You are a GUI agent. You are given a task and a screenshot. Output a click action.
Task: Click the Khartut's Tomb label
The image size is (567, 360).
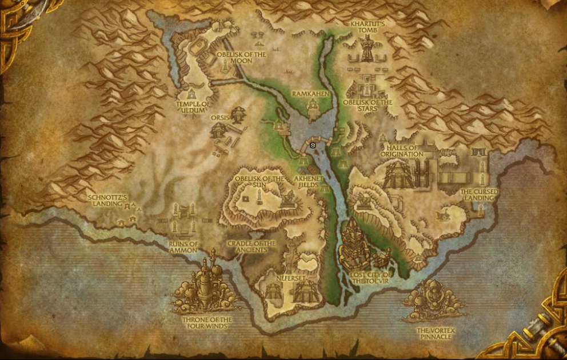368,27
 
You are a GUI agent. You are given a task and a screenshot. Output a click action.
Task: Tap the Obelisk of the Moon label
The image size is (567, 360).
241,58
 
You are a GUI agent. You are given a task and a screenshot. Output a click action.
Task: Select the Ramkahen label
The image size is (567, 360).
309,93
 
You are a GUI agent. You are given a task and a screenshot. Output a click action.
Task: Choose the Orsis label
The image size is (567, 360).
220,118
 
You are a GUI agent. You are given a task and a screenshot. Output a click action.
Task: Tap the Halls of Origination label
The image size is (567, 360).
402,151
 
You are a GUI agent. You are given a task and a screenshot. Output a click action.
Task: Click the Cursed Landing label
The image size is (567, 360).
478,195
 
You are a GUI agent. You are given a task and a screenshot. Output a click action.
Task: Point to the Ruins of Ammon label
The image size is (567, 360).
183,247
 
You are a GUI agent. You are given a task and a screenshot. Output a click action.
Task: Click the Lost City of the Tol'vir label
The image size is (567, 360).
372,277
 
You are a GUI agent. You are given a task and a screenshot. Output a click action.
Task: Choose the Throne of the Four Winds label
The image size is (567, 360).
207,323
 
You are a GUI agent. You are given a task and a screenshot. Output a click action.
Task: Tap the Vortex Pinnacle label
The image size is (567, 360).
434,334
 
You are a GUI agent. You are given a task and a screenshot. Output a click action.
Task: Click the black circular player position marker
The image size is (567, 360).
313,146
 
